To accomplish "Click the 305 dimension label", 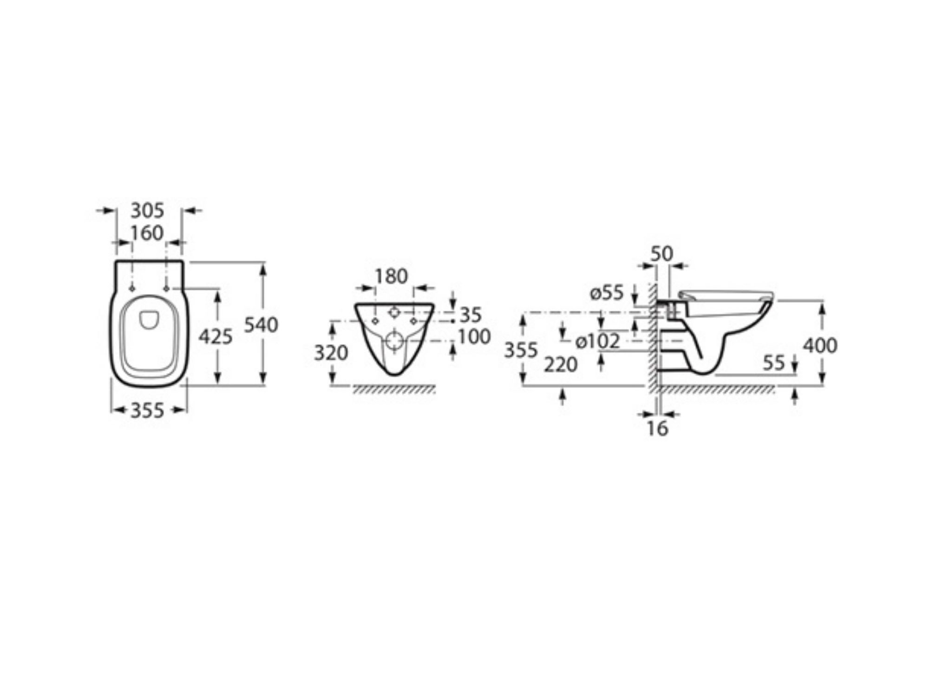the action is [x=147, y=210].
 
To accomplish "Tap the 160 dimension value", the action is [x=147, y=233].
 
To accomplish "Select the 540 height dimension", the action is [x=261, y=325].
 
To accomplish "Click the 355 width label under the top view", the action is [x=147, y=410].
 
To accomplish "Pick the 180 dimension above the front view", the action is [x=391, y=276].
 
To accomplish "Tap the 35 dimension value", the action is [x=471, y=315].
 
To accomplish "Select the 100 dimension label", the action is [x=474, y=336].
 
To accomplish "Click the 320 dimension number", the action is [x=331, y=353].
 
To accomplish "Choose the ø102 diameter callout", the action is [x=598, y=342].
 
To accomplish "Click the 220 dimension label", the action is [x=561, y=365].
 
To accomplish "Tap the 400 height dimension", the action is [x=820, y=345].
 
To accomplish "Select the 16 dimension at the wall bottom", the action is [x=657, y=428].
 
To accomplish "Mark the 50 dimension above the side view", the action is [x=661, y=254].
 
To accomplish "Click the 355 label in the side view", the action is [x=521, y=350].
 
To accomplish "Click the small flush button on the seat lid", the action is [x=149, y=319].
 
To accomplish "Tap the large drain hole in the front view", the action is [x=394, y=342].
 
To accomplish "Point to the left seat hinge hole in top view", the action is [x=132, y=289].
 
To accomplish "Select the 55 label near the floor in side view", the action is [x=774, y=363].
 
